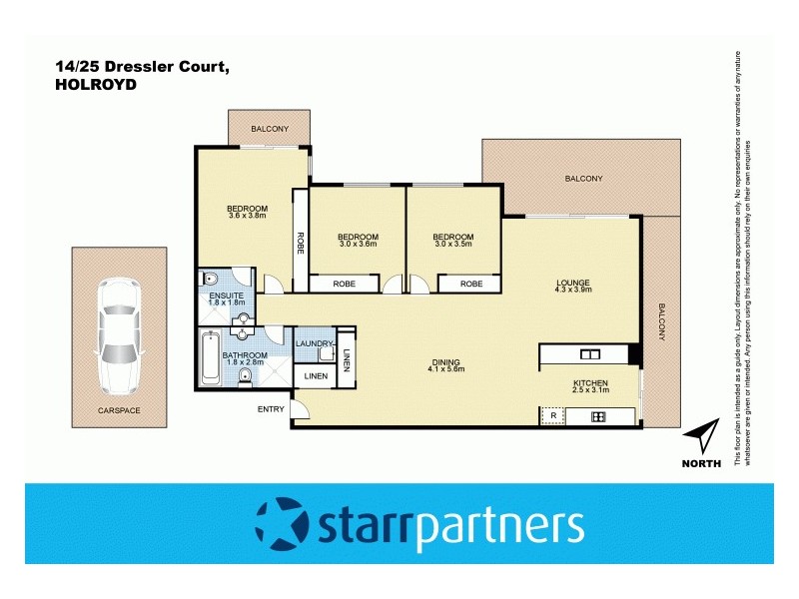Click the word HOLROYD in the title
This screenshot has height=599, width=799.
96,85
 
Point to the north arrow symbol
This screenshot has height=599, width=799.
703,435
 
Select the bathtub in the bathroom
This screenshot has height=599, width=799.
210,360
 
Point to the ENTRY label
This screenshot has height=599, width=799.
271,408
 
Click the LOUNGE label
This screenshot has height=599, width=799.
573,284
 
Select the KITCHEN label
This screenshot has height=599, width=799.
589,382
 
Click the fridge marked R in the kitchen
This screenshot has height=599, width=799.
552,415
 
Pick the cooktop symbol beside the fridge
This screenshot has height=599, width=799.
598,415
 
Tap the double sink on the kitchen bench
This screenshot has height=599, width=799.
588,354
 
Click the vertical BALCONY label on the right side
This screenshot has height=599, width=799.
660,321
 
